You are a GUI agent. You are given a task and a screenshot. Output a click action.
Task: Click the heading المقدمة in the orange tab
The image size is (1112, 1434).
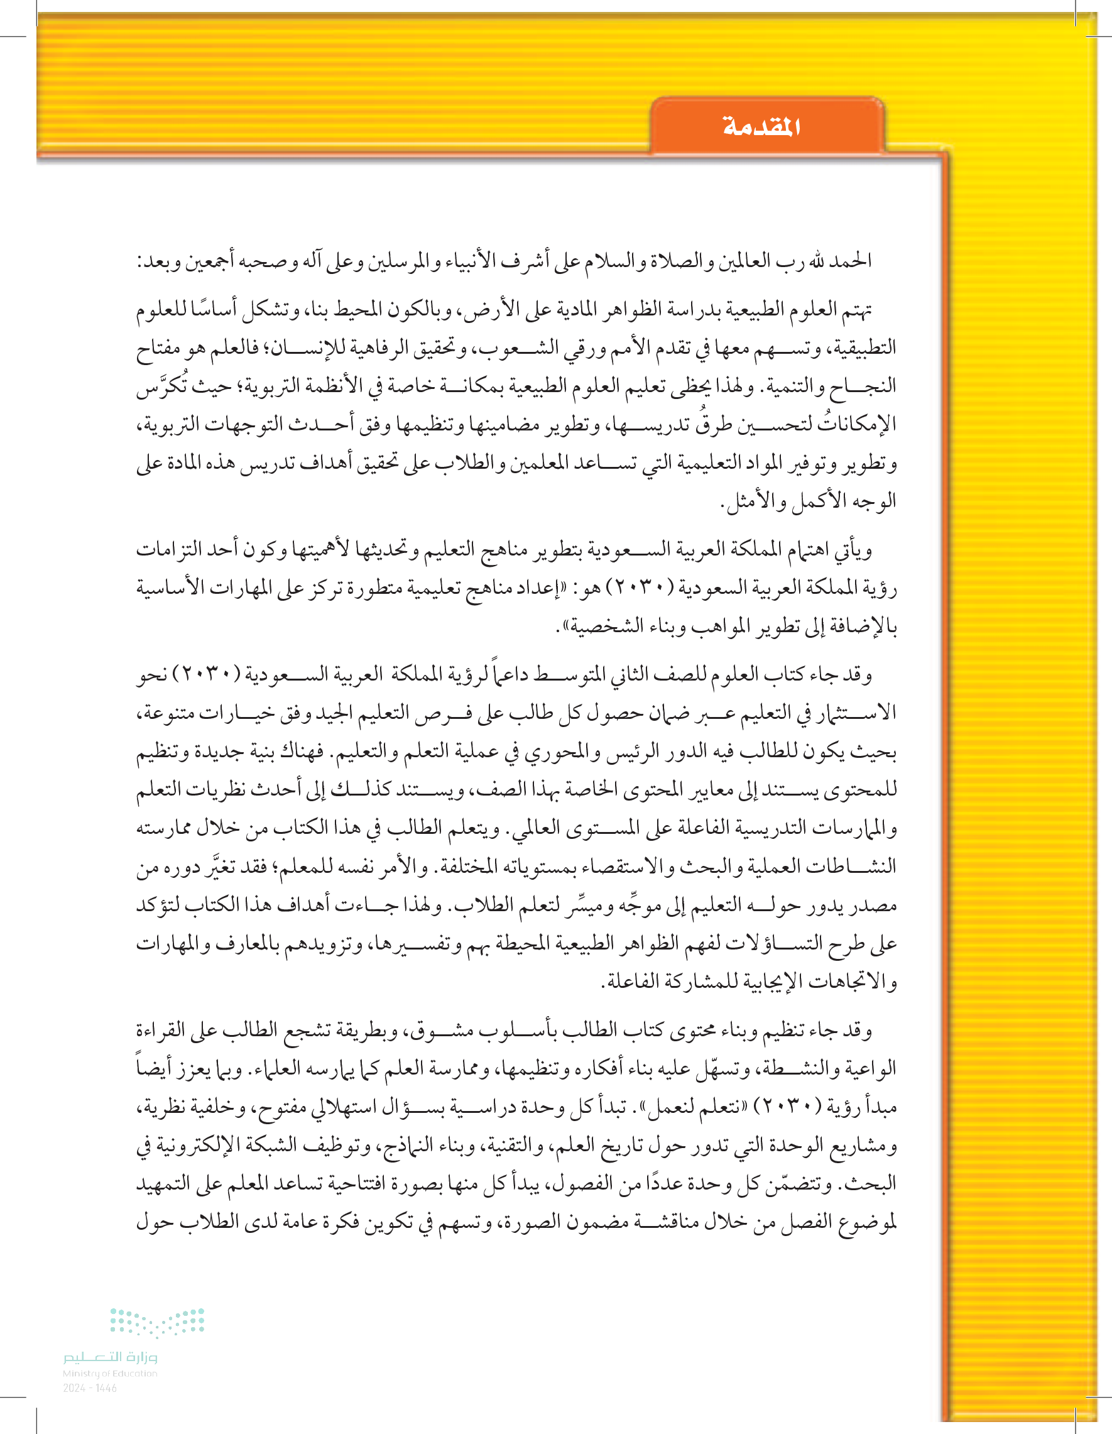[x=761, y=126]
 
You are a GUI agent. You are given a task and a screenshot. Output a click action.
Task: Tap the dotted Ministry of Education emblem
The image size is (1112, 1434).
[x=157, y=1322]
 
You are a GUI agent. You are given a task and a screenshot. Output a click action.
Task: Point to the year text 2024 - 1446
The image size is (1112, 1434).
[x=90, y=1388]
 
